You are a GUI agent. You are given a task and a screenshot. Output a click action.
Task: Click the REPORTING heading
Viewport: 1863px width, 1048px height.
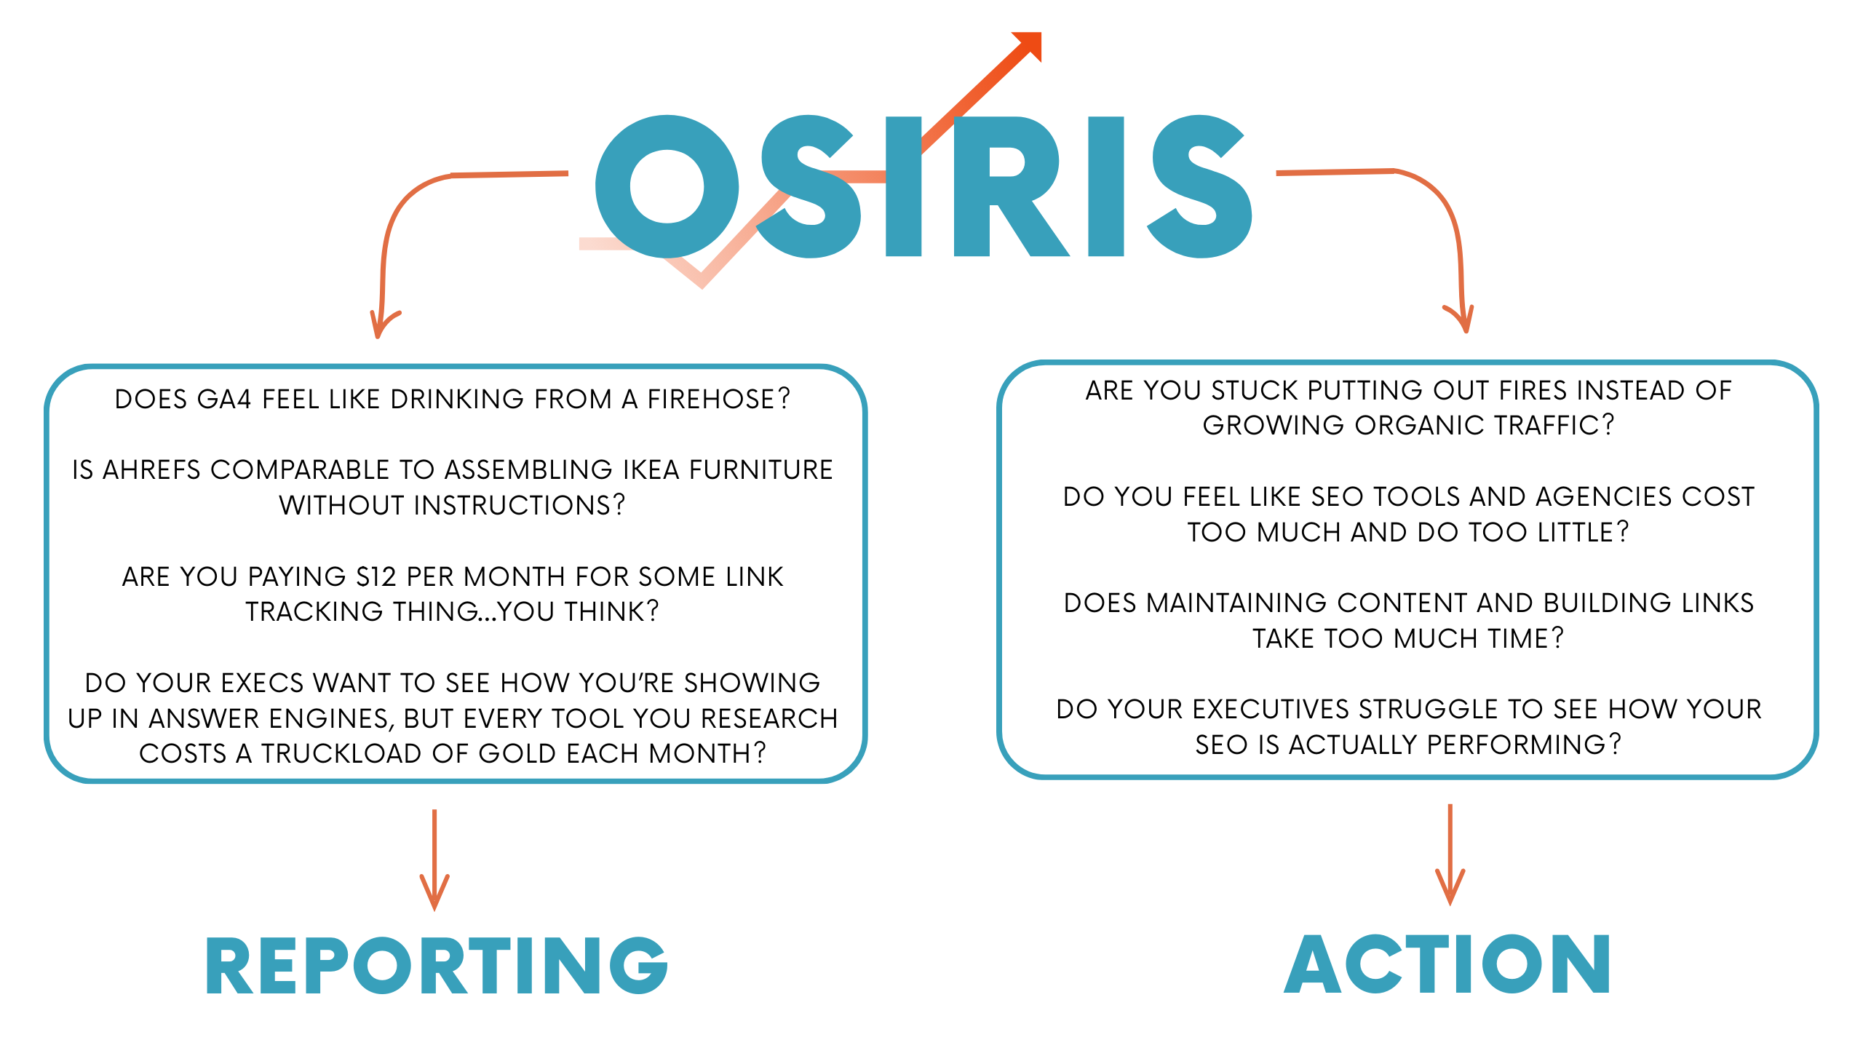(x=437, y=965)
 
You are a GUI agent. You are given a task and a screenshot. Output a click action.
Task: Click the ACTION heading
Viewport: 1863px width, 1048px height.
(x=1447, y=964)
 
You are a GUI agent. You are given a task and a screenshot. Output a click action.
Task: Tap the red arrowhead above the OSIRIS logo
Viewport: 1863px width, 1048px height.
(x=1028, y=46)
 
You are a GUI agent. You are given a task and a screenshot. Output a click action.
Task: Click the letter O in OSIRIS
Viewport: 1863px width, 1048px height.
(x=667, y=186)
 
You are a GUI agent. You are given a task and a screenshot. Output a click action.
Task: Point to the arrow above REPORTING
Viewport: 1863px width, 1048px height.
(x=434, y=860)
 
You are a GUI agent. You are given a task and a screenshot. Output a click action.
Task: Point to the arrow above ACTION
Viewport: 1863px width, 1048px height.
(x=1450, y=854)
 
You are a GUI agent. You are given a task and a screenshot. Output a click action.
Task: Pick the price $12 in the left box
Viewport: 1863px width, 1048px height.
(x=376, y=576)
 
